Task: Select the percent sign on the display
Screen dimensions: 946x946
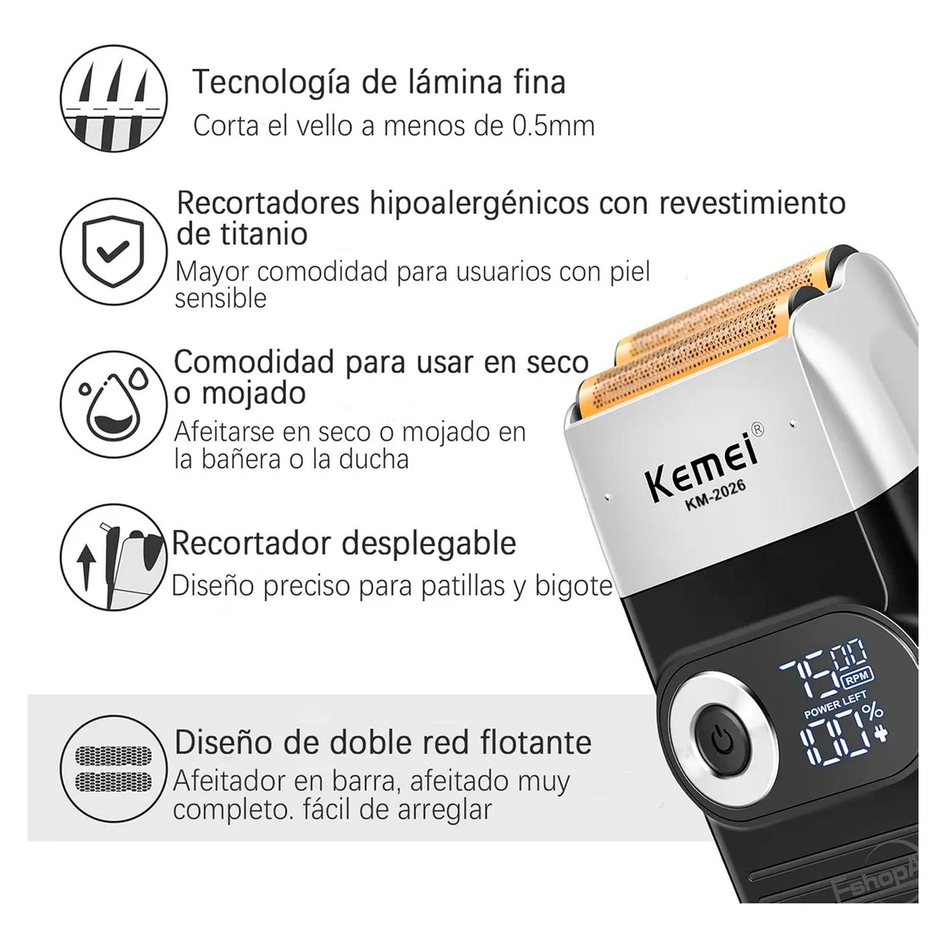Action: pos(873,711)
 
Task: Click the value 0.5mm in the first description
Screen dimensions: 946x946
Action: pos(553,126)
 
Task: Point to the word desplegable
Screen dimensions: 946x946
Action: pos(431,543)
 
